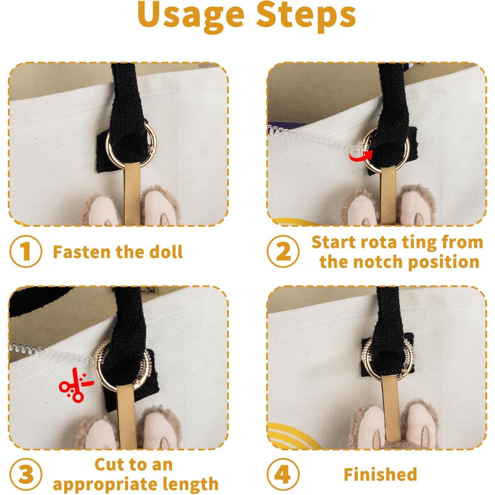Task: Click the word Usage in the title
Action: [x=190, y=15]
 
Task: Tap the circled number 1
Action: [x=25, y=251]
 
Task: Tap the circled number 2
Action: [x=283, y=251]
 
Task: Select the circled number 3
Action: [x=25, y=475]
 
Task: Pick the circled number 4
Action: [x=283, y=475]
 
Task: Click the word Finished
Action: [x=380, y=475]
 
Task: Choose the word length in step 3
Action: [x=190, y=484]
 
